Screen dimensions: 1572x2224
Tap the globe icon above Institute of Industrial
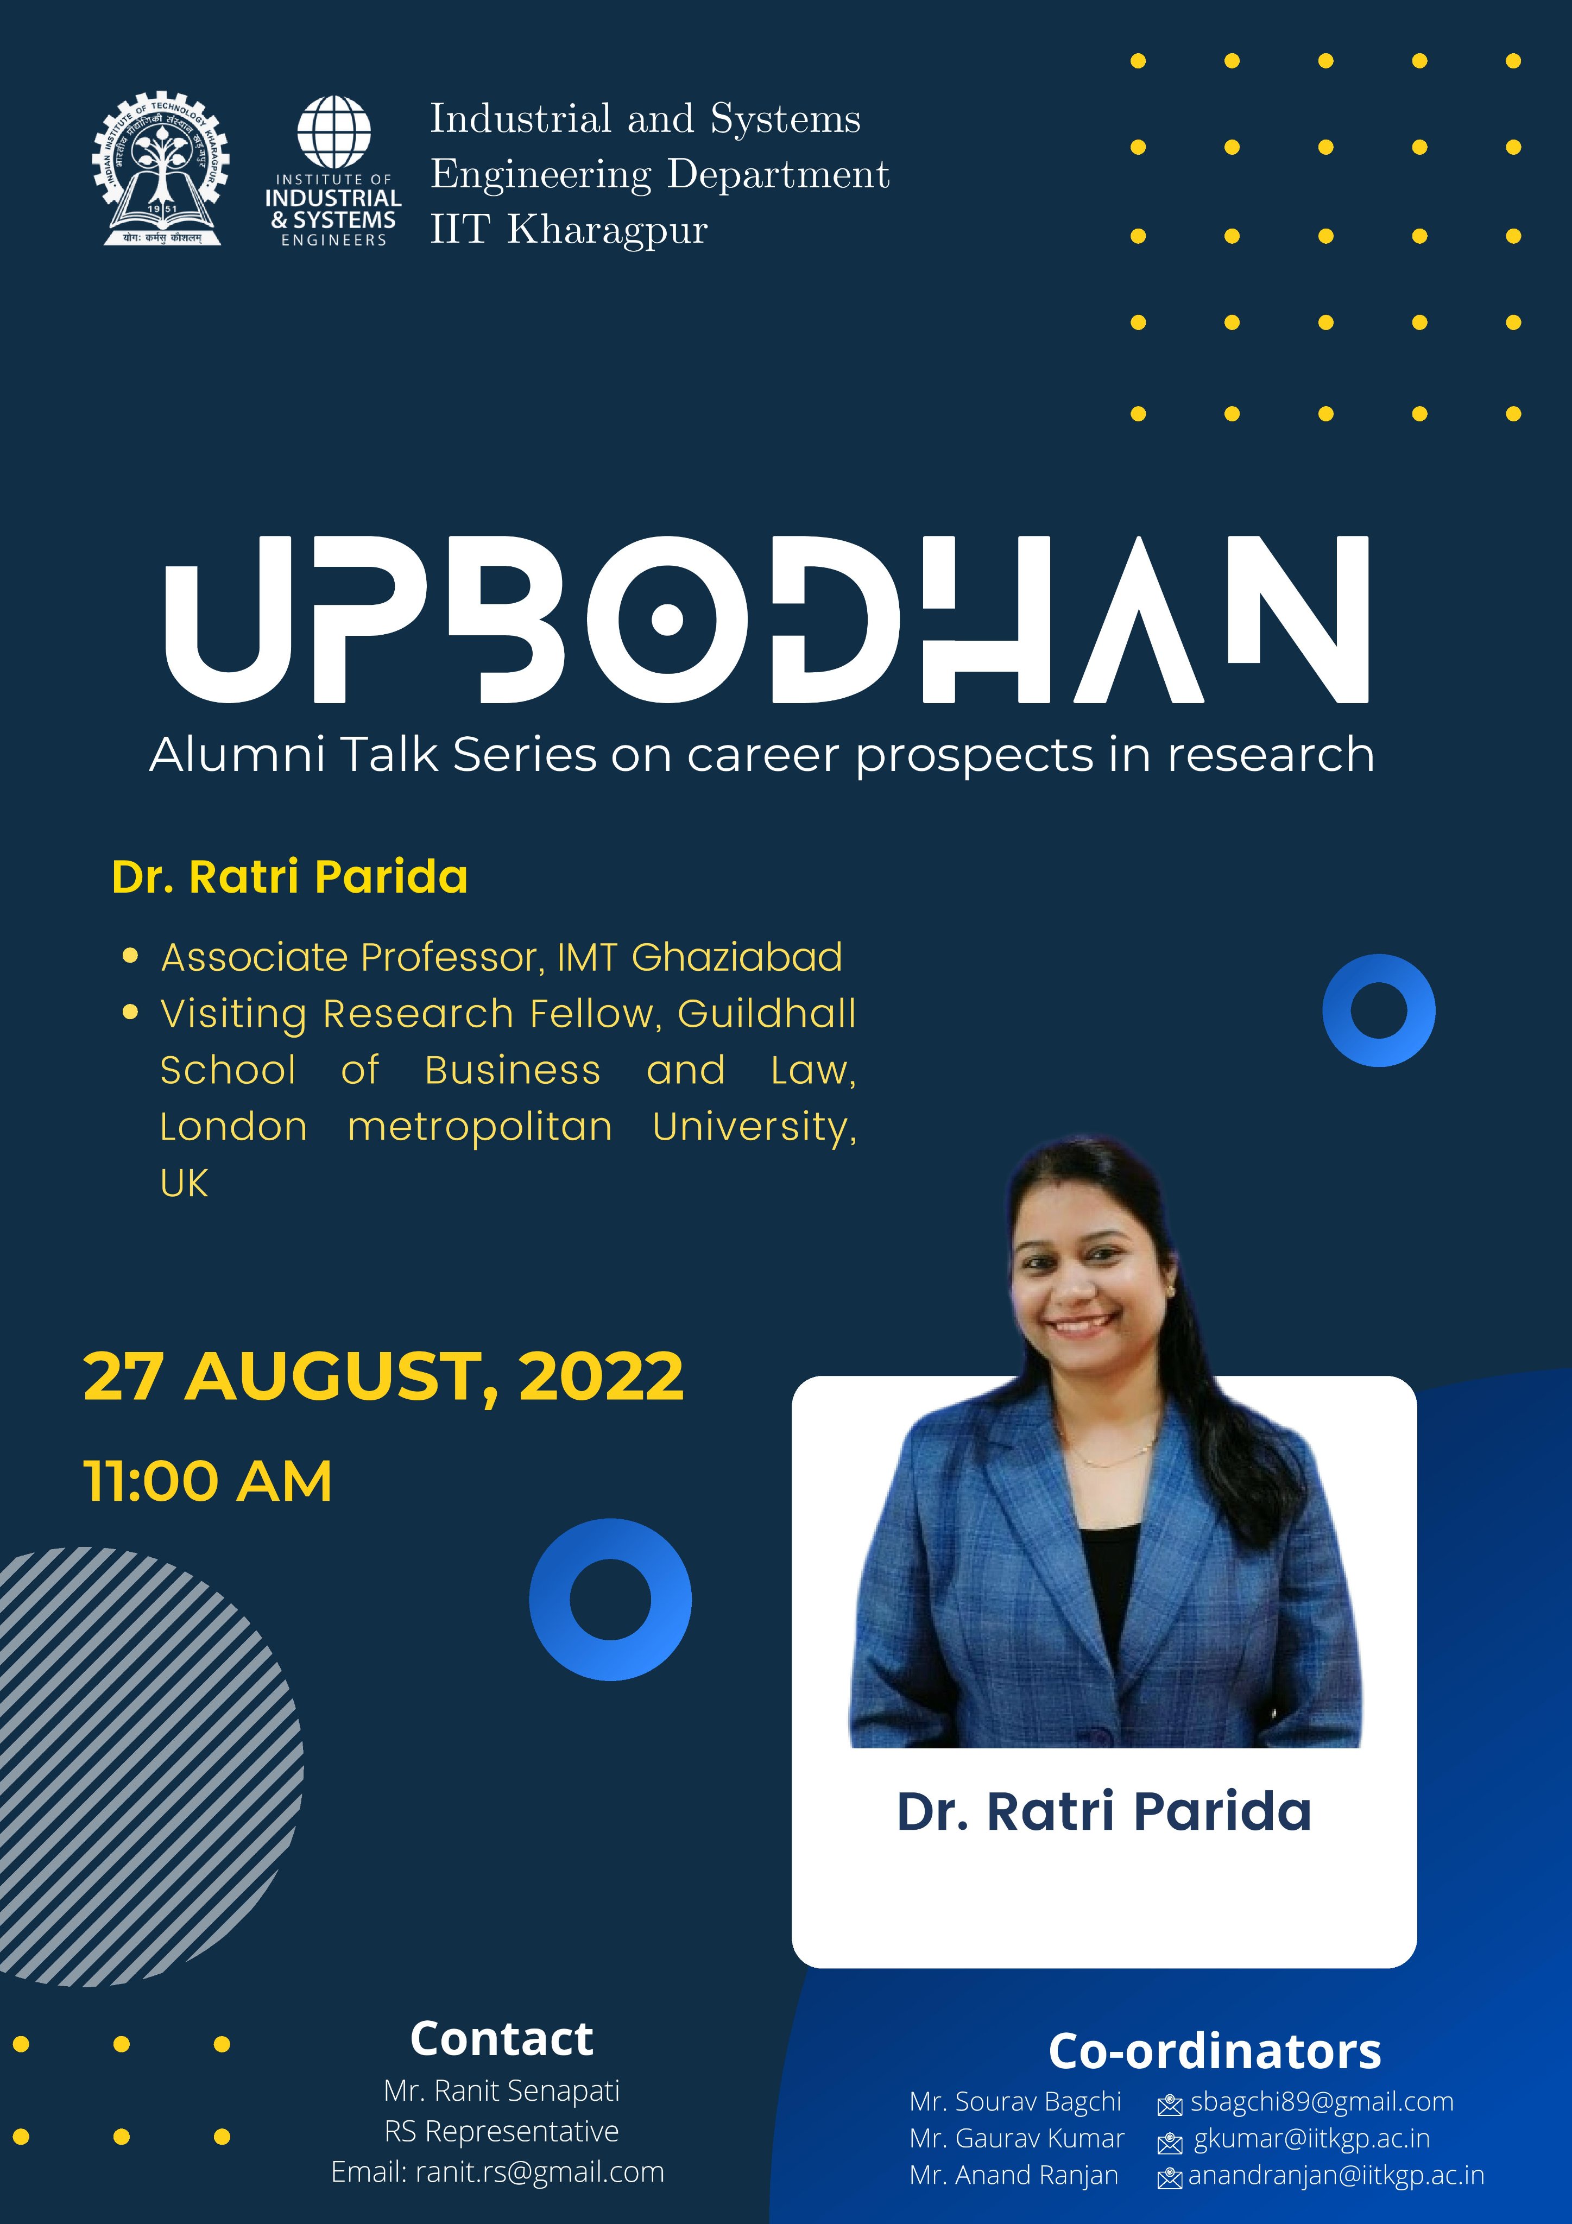334,132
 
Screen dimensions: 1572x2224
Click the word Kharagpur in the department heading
607,231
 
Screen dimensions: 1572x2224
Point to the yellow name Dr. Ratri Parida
289,876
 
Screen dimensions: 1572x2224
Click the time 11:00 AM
209,1481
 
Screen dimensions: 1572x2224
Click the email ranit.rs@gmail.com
540,2172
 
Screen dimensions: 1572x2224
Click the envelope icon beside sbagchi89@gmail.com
1170,2104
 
